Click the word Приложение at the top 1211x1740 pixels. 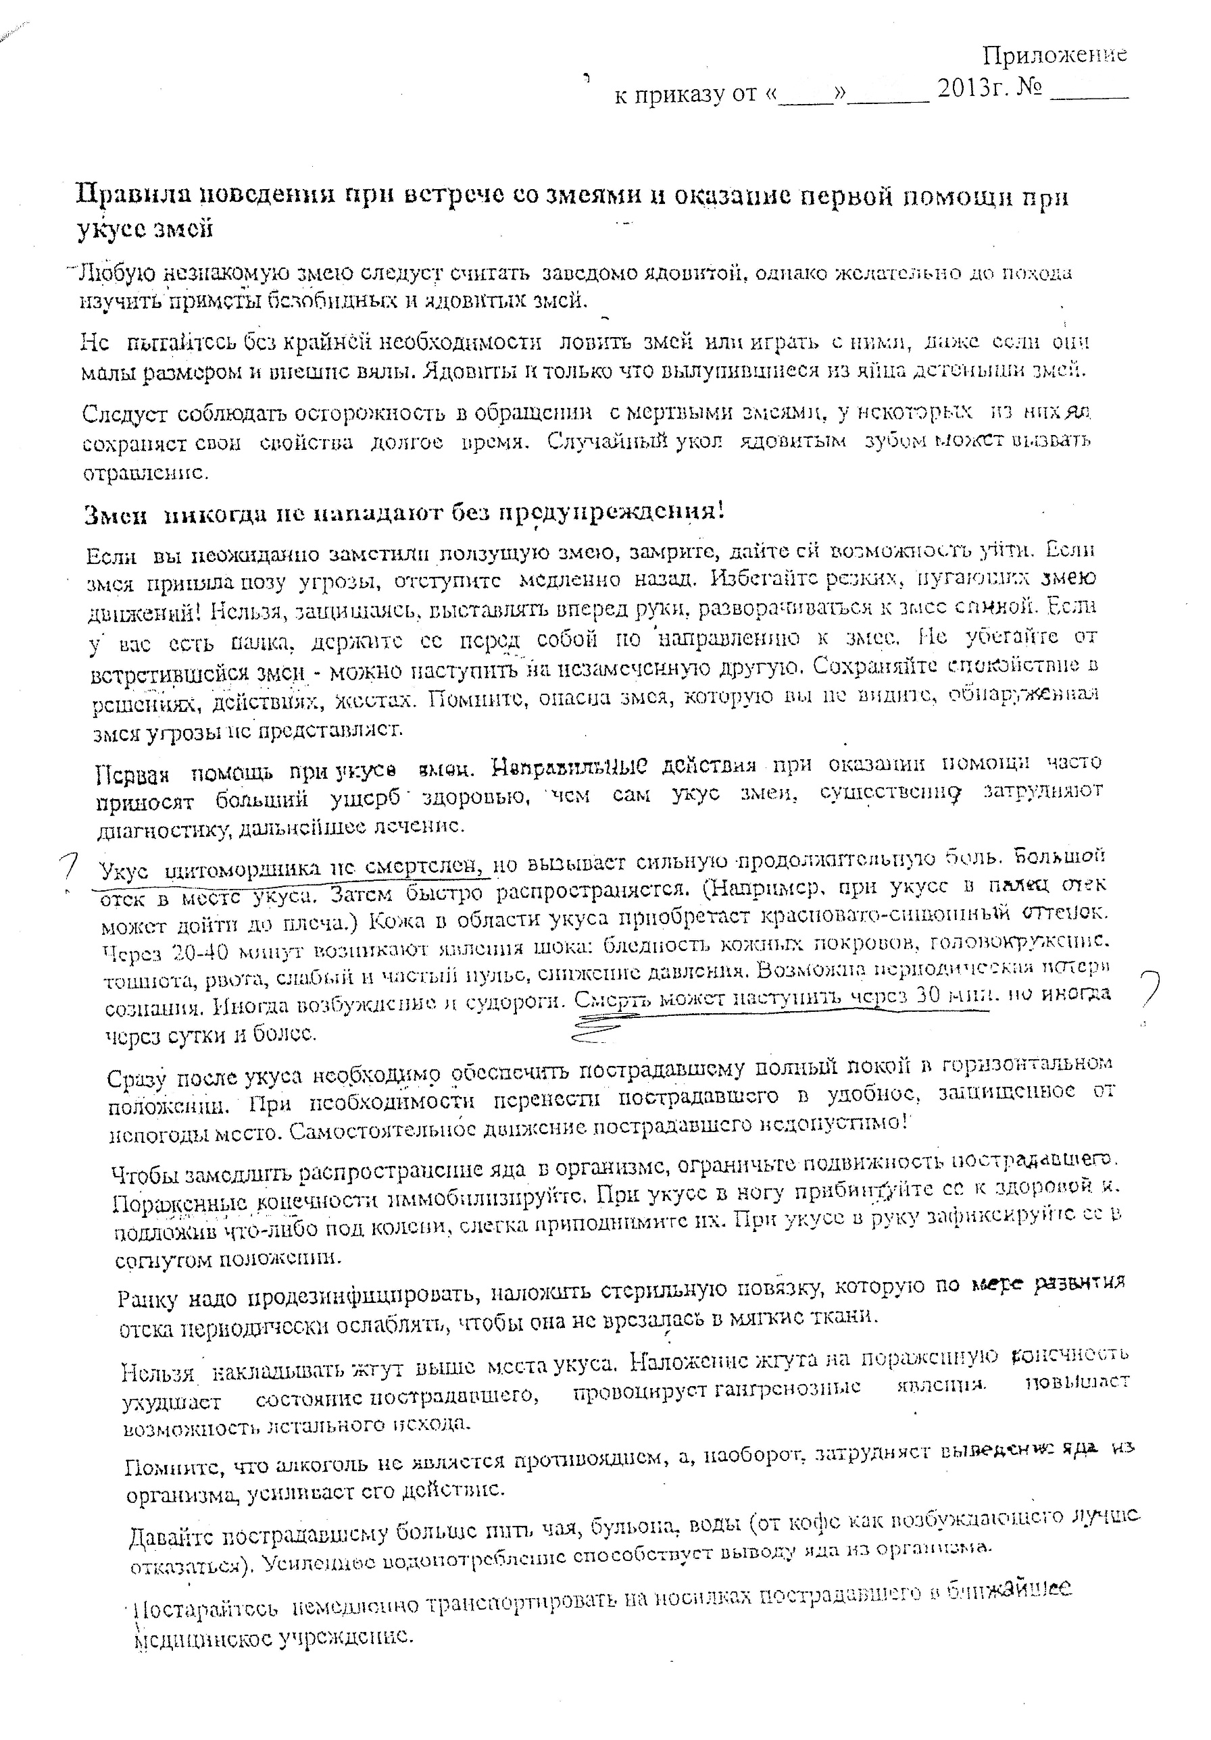coord(1054,55)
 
